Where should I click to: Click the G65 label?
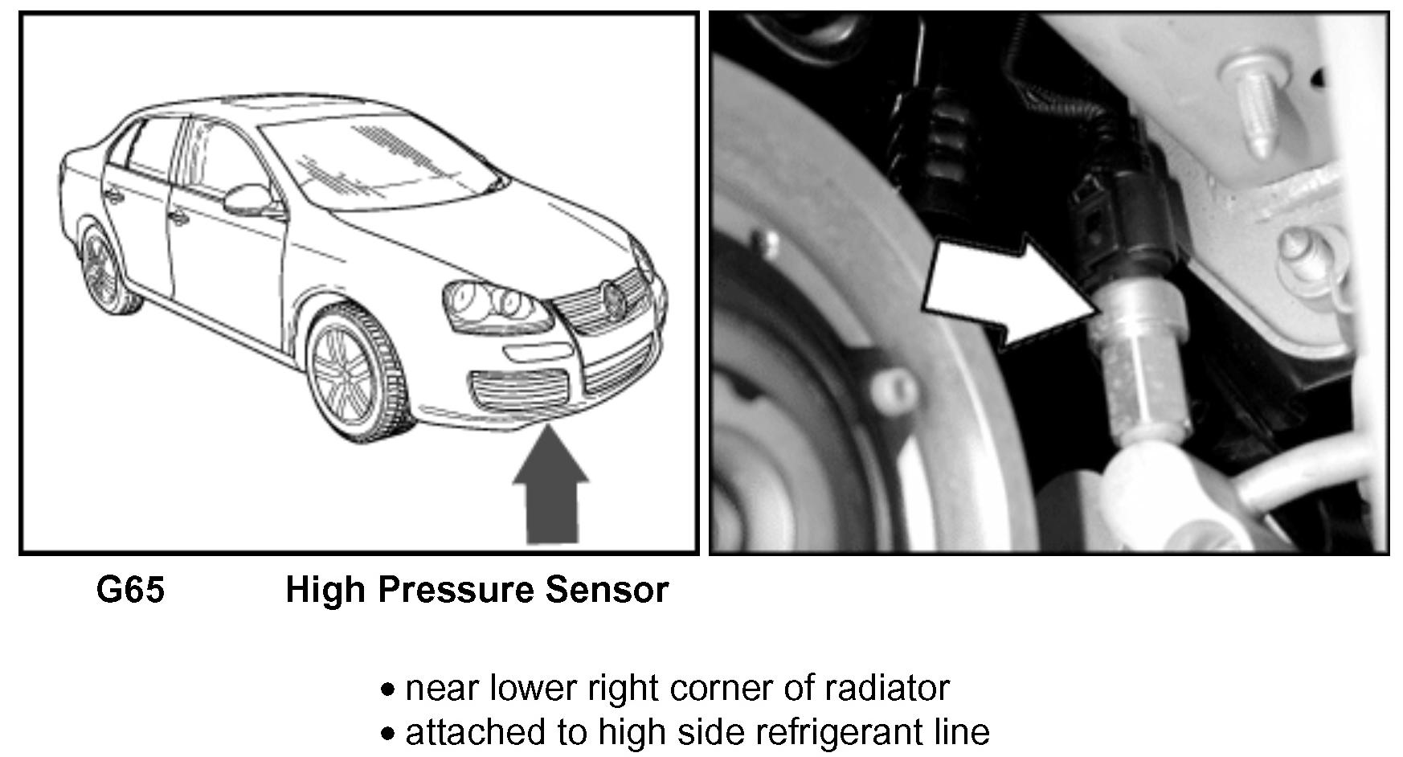coord(130,590)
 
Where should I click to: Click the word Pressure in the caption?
coord(456,590)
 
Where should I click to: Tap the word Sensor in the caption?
coord(607,590)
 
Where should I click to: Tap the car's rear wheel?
coord(104,269)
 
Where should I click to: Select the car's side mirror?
coord(246,198)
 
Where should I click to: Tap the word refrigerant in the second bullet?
coord(815,732)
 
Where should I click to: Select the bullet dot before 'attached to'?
coord(389,734)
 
